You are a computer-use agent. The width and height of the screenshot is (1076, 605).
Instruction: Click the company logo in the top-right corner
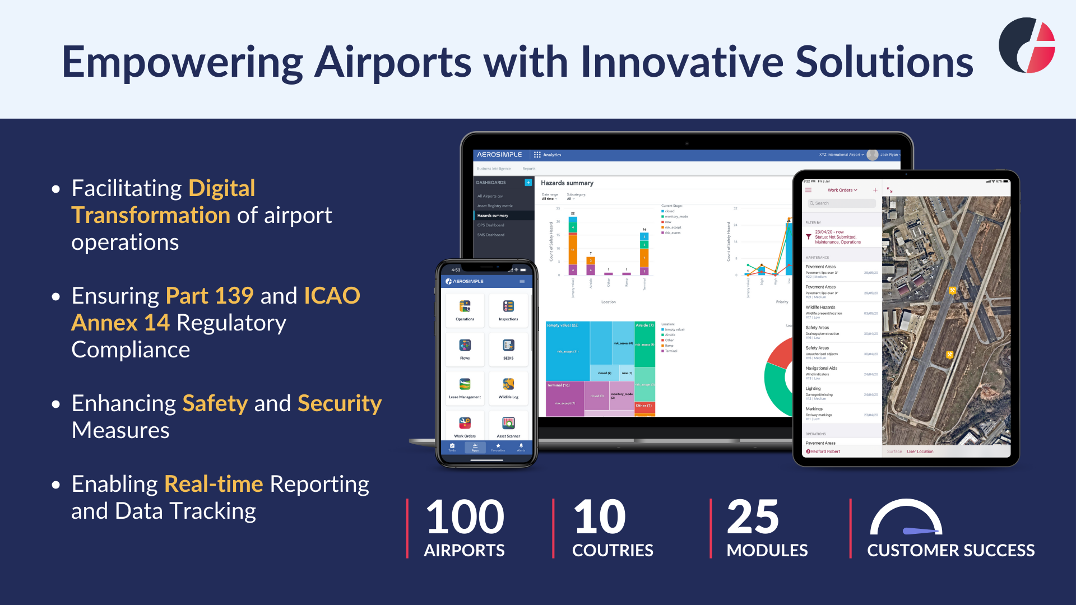[1027, 45]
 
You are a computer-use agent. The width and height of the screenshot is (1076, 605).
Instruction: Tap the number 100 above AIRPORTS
[465, 516]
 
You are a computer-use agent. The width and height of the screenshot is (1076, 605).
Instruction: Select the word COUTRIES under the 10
[613, 550]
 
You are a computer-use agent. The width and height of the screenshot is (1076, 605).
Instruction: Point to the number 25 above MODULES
[752, 516]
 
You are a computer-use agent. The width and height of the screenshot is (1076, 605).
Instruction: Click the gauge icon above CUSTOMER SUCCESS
[906, 518]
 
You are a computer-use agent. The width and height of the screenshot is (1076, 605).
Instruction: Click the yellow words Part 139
[210, 296]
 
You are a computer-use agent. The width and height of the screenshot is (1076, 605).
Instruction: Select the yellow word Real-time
[214, 484]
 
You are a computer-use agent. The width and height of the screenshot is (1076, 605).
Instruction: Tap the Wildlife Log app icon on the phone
[508, 385]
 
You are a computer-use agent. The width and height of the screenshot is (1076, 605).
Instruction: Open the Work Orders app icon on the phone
[465, 425]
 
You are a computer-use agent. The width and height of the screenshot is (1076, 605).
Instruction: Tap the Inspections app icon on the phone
[508, 308]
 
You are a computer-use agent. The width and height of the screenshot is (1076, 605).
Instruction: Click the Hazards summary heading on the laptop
[567, 183]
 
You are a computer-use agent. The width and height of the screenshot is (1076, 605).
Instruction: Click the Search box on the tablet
[841, 203]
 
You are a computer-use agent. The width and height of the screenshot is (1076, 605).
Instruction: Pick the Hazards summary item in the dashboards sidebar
[493, 216]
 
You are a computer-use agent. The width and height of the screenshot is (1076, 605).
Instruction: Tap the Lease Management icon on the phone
[465, 385]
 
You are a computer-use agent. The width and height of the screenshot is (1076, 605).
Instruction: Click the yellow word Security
[340, 403]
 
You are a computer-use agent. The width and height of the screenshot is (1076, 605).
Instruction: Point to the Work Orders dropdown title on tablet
[842, 190]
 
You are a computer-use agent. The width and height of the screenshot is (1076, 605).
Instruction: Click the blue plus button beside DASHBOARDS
[528, 183]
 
